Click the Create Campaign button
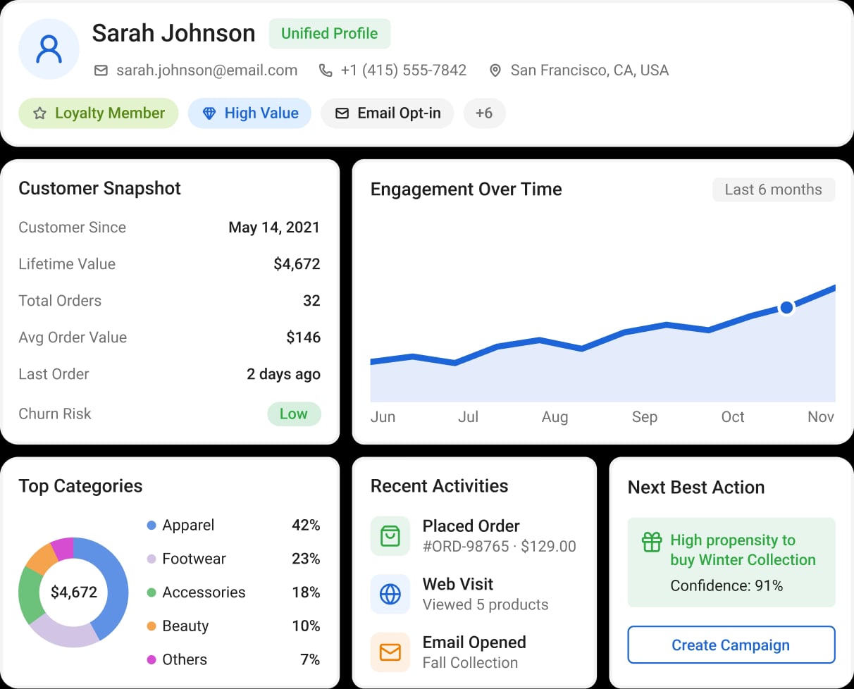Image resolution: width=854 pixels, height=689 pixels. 731,645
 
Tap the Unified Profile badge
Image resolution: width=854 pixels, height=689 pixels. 329,34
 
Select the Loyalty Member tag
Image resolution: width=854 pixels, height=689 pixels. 99,113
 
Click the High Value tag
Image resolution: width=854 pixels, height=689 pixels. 249,113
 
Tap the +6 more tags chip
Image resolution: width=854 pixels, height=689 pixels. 484,113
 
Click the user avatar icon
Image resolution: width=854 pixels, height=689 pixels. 49,49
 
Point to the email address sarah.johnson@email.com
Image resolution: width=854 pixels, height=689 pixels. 206,70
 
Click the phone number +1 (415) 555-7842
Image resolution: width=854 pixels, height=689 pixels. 404,70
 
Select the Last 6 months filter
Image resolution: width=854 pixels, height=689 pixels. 774,190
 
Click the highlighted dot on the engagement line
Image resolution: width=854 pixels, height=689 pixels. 786,308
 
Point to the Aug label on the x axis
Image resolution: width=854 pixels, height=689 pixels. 555,417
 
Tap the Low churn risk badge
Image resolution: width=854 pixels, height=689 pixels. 294,414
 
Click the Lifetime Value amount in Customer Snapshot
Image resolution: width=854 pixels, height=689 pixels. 297,264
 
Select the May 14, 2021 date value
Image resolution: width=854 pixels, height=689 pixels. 274,228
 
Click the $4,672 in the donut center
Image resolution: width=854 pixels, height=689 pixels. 74,592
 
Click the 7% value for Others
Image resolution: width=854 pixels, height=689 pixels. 310,659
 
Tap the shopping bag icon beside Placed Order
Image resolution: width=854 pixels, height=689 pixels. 390,536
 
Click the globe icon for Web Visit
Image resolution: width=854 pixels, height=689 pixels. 390,595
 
